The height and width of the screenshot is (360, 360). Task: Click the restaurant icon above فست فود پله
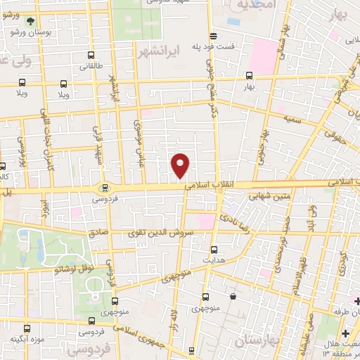pyautogui.click(x=212, y=36)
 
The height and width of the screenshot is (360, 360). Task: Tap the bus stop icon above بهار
pyautogui.click(x=249, y=75)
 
